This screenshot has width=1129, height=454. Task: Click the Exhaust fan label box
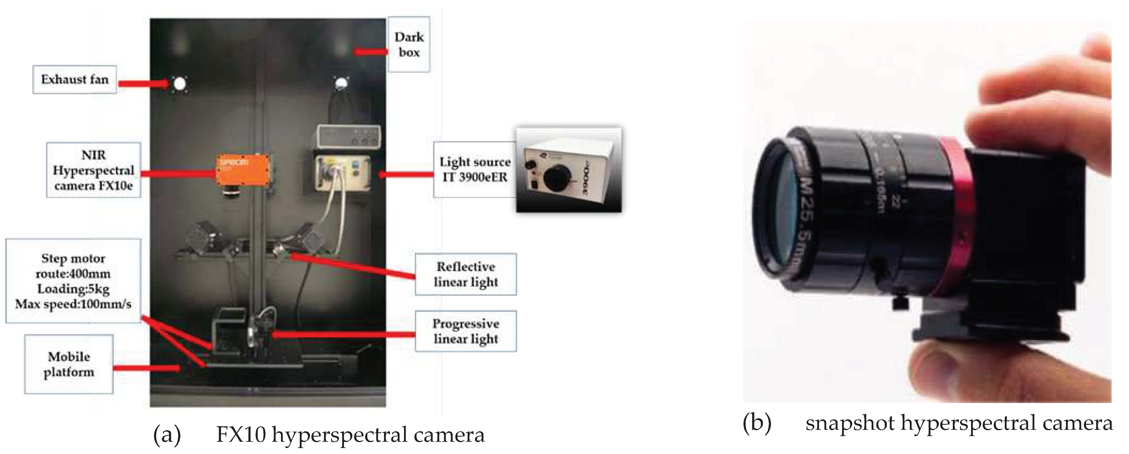[75, 80]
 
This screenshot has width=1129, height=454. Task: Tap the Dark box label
[409, 44]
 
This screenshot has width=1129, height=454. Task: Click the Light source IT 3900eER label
[475, 169]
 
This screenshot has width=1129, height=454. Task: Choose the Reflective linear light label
[466, 274]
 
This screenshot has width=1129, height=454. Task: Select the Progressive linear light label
[466, 331]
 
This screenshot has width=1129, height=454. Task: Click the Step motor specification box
[73, 281]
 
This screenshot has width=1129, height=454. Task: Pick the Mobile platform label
[69, 364]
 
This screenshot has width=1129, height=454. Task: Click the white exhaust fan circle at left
[179, 84]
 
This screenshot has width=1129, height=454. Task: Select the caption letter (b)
[757, 423]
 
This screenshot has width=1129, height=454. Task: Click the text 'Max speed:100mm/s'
[73, 304]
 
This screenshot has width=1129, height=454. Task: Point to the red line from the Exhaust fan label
[143, 83]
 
